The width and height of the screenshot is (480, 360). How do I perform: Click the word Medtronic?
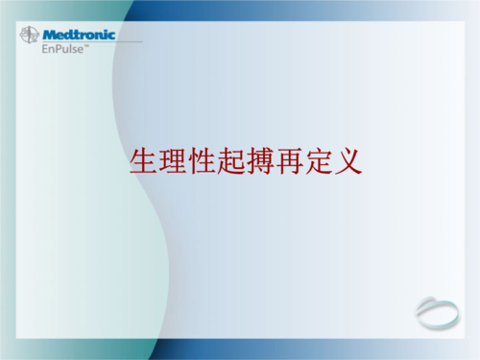coord(79,35)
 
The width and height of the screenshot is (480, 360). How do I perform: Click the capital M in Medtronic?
coord(49,35)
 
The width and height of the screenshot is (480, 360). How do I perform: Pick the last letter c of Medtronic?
coord(111,36)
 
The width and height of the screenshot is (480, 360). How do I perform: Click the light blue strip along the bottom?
coord(240,353)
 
